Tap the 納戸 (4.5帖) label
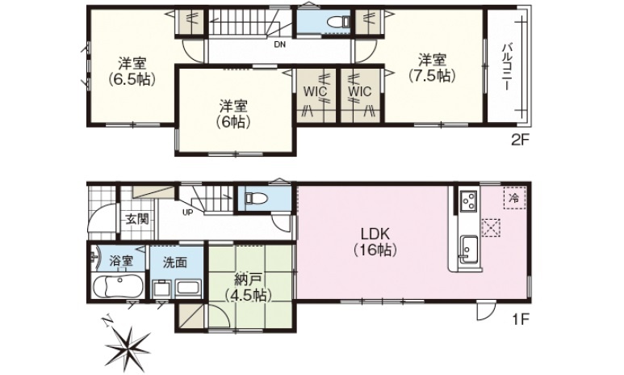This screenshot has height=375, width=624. (248, 287)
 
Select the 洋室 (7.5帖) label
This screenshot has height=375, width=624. (432, 68)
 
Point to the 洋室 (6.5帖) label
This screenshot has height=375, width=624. (132, 72)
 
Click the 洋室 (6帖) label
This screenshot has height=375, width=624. (233, 114)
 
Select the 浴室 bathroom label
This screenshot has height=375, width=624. (121, 261)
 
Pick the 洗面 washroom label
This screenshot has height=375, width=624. (174, 262)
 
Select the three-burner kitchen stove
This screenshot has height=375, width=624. (469, 201)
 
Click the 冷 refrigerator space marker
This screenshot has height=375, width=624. (514, 197)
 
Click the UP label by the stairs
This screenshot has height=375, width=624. (187, 212)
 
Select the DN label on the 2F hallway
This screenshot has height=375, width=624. (280, 44)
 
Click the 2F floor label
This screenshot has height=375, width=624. (520, 140)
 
